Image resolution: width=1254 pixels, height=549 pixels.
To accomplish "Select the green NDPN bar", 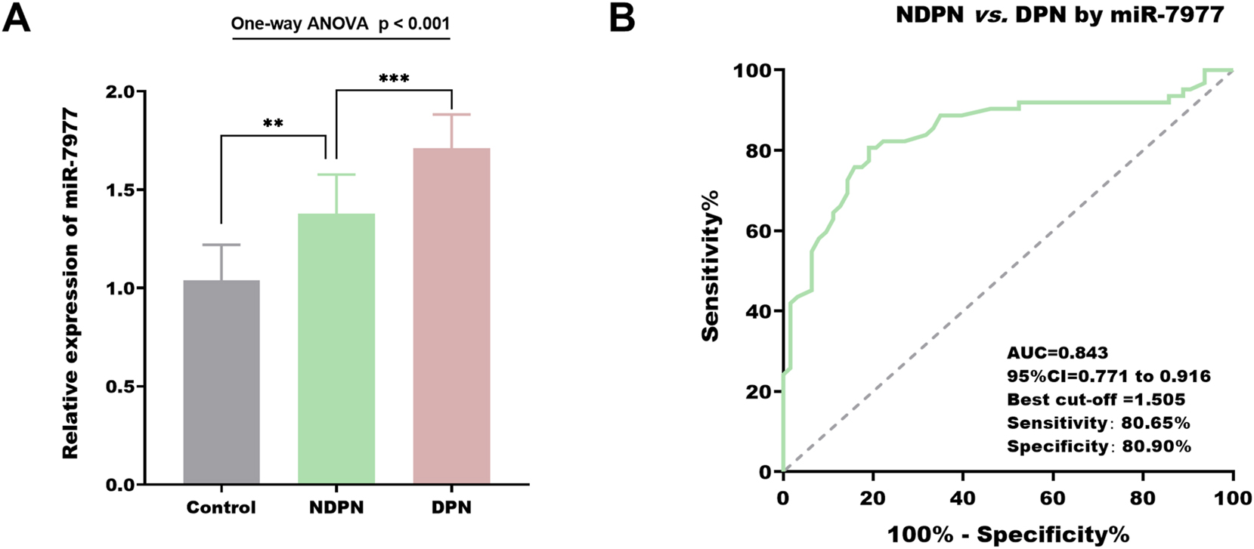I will coord(336,349).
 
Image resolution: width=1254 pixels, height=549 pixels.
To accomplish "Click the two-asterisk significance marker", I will coord(273,123).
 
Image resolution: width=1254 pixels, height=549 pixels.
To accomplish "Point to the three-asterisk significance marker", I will coord(394,79).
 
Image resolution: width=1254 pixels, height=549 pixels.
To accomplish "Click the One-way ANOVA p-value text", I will coord(340,23).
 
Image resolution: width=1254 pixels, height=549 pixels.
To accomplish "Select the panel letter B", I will coord(621,17).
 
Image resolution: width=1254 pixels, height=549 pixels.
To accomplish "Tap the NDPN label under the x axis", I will coord(336,507).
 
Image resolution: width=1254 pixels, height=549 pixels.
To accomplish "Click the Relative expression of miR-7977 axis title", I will coord(70,283).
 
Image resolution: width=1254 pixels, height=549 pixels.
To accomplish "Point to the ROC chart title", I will coord(1059,14).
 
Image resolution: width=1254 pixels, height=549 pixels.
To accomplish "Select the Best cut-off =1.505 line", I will coord(1095,399).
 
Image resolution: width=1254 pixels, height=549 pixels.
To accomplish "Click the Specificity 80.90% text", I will coord(1098,446).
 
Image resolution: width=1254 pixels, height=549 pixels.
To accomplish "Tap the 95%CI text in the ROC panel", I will coord(1108,376).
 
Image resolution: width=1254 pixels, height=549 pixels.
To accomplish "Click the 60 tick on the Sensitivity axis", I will coord(759,231).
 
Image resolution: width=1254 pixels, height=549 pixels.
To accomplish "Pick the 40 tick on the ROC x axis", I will coord(962,498).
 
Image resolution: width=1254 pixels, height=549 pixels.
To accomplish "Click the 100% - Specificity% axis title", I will coord(1008,535).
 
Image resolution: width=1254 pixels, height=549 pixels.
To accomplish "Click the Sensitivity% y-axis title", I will coord(711,266).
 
